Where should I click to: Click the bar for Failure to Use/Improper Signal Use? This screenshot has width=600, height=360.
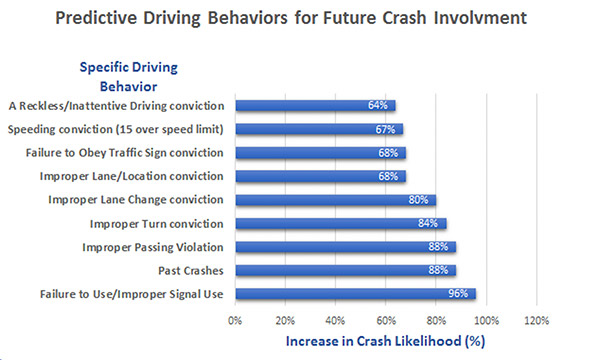pyautogui.click(x=355, y=293)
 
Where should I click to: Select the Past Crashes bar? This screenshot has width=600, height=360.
pyautogui.click(x=345, y=270)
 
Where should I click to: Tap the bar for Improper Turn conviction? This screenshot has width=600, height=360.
pyautogui.click(x=340, y=223)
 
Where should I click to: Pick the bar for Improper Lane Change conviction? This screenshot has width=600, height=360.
pyautogui.click(x=335, y=199)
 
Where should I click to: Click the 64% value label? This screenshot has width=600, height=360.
pyautogui.click(x=378, y=105)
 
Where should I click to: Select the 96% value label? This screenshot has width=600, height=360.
pyautogui.click(x=459, y=294)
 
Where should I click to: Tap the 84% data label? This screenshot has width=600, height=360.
pyautogui.click(x=429, y=223)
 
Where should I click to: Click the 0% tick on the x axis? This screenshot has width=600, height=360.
pyautogui.click(x=236, y=320)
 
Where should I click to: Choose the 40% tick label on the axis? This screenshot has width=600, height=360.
pyautogui.click(x=336, y=320)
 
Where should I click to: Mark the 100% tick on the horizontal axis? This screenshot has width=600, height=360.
pyautogui.click(x=486, y=320)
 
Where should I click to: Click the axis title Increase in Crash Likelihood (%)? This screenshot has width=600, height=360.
pyautogui.click(x=386, y=341)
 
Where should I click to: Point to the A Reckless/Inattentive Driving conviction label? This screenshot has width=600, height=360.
pyautogui.click(x=117, y=105)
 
